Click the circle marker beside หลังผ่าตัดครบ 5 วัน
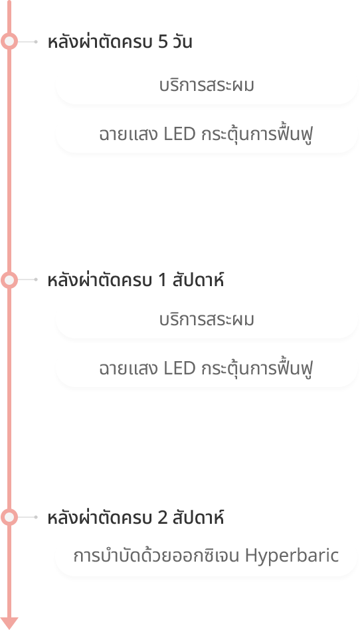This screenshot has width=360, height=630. pyautogui.click(x=9, y=41)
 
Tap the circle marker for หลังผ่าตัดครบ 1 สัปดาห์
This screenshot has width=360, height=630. pyautogui.click(x=9, y=279)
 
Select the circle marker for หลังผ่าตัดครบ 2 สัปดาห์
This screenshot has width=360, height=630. pyautogui.click(x=9, y=517)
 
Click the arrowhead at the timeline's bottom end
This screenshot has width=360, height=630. pyautogui.click(x=9, y=623)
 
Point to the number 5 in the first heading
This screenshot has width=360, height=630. pyautogui.click(x=163, y=42)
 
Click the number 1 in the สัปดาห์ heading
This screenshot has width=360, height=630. pyautogui.click(x=162, y=280)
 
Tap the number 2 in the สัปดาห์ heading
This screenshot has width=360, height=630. pyautogui.click(x=163, y=518)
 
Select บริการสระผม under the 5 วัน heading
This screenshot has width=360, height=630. pyautogui.click(x=207, y=86)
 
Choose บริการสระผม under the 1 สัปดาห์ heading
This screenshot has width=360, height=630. pyautogui.click(x=207, y=320)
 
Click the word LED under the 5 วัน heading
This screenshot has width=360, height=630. pyautogui.click(x=179, y=135)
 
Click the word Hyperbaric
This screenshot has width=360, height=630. pyautogui.click(x=292, y=556)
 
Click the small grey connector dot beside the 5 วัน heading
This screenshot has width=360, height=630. pyautogui.click(x=36, y=41)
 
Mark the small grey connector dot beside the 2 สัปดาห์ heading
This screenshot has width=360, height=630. pyautogui.click(x=36, y=517)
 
